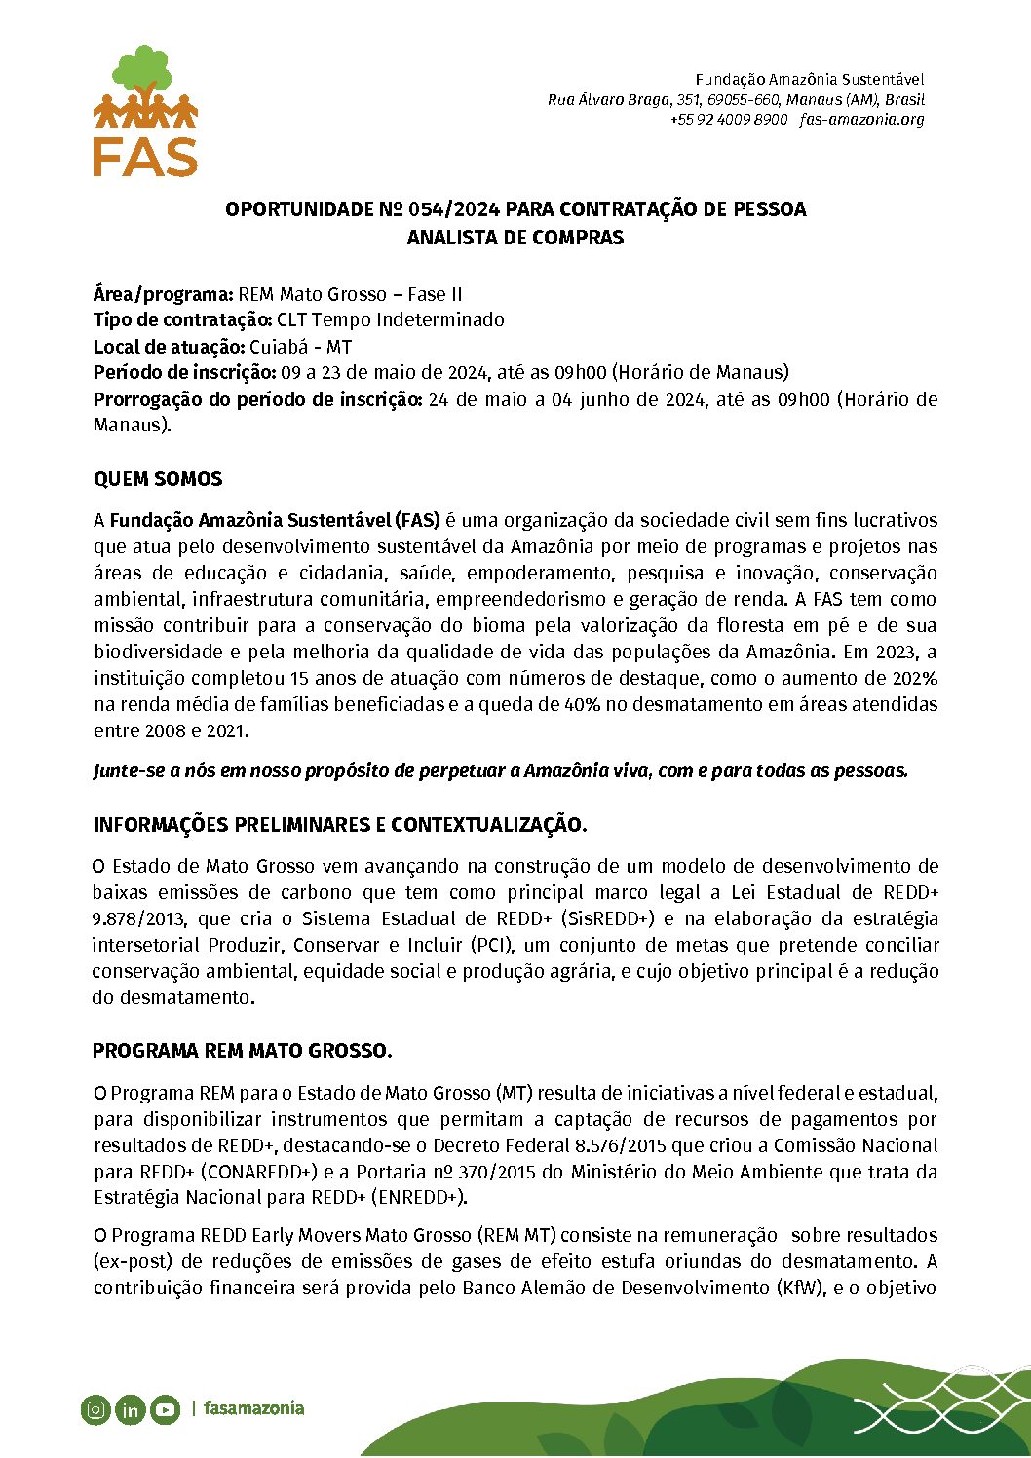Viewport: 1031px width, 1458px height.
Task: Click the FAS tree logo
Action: click(145, 110)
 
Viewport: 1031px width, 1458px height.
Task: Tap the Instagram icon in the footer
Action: click(95, 1409)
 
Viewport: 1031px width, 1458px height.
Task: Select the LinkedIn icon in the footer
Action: click(130, 1409)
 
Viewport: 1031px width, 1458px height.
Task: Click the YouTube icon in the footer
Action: click(165, 1409)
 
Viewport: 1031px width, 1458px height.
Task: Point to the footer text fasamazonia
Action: click(253, 1408)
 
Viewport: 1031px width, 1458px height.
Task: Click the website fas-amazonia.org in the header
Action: click(861, 120)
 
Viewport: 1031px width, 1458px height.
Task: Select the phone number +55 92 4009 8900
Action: click(728, 120)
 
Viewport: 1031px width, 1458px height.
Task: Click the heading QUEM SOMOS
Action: click(158, 479)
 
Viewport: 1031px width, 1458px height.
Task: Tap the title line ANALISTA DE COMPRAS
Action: click(515, 238)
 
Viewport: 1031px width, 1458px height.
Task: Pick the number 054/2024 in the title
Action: click(454, 210)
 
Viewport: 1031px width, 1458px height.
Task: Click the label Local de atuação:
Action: click(169, 347)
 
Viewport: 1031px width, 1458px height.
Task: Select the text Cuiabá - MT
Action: click(300, 347)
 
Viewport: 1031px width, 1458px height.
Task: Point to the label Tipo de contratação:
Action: click(182, 320)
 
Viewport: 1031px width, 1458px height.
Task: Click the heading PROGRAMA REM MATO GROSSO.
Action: click(242, 1051)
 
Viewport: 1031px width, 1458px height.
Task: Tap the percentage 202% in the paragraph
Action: click(914, 678)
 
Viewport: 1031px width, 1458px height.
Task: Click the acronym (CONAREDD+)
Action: click(258, 1172)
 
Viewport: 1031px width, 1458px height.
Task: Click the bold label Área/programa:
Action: click(163, 294)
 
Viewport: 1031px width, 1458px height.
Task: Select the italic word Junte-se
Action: click(130, 771)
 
